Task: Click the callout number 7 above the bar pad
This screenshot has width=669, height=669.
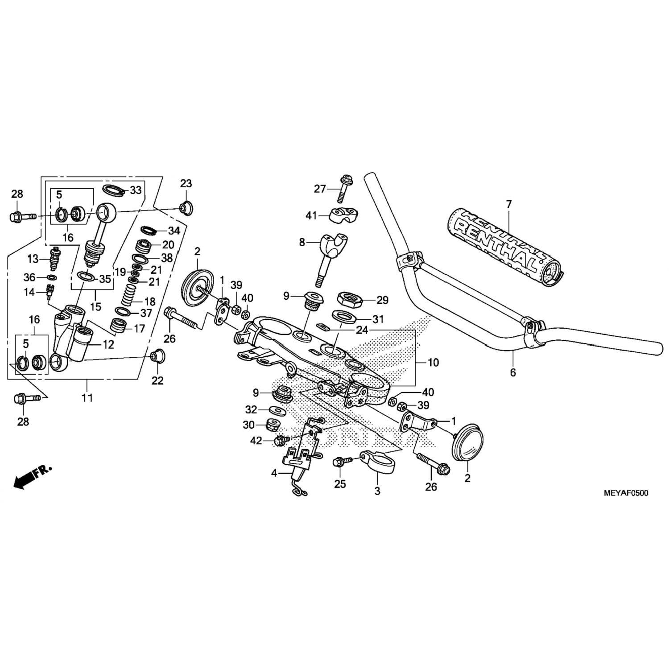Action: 509,204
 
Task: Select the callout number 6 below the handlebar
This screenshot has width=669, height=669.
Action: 512,372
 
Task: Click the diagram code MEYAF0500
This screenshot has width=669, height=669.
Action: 626,493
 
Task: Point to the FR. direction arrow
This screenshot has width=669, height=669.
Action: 32,476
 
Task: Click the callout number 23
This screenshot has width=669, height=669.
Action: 186,183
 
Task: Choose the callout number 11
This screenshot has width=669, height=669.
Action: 87,397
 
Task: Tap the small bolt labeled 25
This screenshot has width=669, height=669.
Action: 339,463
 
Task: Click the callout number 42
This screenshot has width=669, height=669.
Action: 256,441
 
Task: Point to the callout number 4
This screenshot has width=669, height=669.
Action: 275,473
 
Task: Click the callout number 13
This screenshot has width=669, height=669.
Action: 33,259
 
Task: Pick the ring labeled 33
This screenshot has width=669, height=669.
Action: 114,190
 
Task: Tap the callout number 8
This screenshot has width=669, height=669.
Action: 302,243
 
